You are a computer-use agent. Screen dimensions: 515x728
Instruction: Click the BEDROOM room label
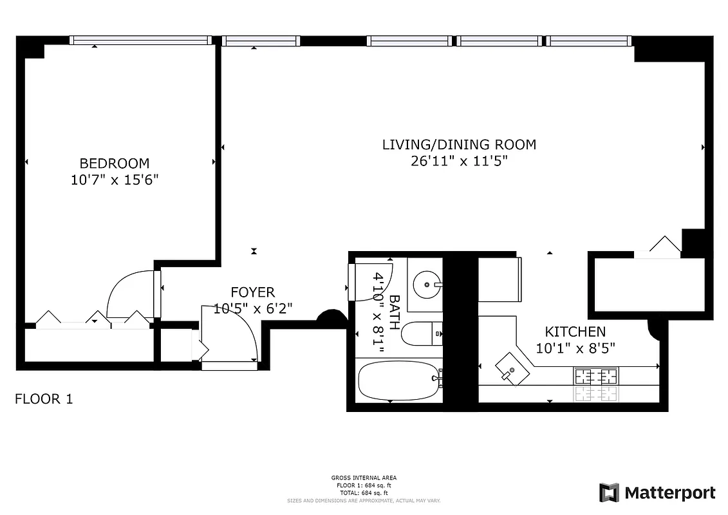[114, 164]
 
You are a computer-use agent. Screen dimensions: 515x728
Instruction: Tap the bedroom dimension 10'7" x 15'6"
[114, 180]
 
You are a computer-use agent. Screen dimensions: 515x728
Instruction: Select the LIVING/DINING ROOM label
[459, 145]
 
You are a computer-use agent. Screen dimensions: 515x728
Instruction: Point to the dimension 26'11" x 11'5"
[459, 162]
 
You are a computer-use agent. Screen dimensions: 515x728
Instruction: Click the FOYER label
[252, 293]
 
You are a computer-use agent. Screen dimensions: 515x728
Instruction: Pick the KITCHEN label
[575, 332]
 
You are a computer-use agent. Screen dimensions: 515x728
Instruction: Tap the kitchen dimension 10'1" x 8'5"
[575, 348]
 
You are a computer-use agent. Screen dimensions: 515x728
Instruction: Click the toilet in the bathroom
[421, 333]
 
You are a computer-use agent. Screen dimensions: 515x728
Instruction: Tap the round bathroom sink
[426, 282]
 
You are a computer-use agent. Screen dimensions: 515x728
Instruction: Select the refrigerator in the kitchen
[499, 279]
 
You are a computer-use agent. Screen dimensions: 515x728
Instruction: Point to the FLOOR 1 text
[44, 399]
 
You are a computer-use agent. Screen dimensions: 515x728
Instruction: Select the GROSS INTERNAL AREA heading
[364, 478]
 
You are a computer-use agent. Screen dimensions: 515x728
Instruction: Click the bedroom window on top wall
[140, 41]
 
